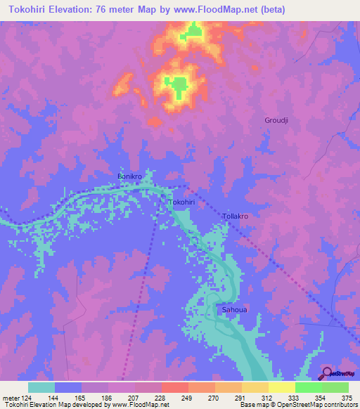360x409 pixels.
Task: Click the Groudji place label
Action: (x=276, y=120)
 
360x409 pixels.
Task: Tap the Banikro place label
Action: (x=130, y=176)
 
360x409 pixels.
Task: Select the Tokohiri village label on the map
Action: (x=181, y=202)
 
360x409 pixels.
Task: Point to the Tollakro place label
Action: (x=235, y=216)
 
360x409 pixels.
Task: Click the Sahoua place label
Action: (x=233, y=310)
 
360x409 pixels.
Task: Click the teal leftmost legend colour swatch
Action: (x=41, y=387)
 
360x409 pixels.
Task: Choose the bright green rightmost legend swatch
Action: (x=335, y=387)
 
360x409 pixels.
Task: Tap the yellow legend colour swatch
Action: (x=281, y=387)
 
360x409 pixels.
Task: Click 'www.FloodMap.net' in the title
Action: (x=230, y=10)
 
